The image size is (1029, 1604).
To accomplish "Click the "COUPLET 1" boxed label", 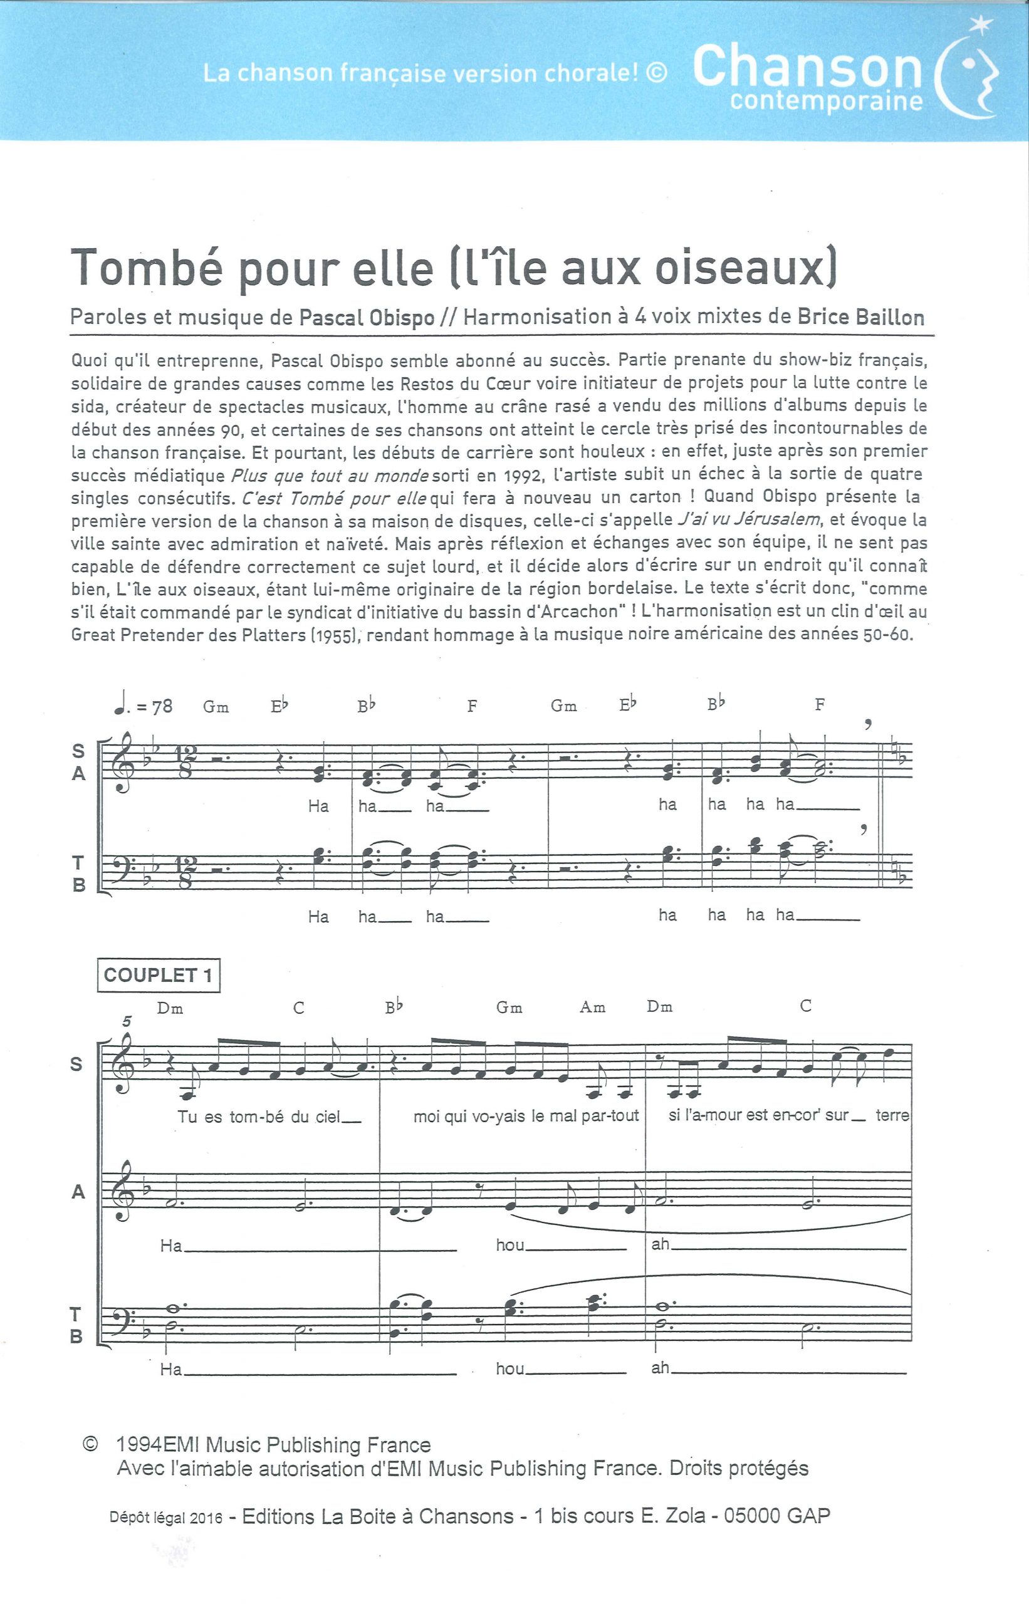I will [159, 976].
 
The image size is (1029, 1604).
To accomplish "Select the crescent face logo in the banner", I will [972, 73].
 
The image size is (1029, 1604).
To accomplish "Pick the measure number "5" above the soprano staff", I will [127, 1021].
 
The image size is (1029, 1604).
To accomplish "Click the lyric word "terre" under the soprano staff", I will [891, 1115].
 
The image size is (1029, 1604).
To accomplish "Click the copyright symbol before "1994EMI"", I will [90, 1445].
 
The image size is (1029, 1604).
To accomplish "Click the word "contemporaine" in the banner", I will [827, 102].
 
